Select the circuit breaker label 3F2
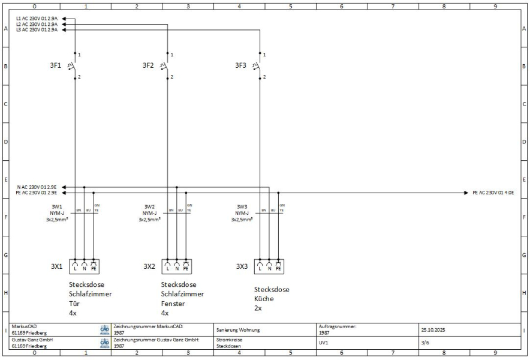click(x=149, y=65)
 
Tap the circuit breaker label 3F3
click(x=242, y=65)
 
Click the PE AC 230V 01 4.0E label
click(x=493, y=193)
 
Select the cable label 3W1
click(x=57, y=206)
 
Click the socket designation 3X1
click(x=57, y=266)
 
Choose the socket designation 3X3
click(x=242, y=266)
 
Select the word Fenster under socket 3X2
click(x=174, y=304)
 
